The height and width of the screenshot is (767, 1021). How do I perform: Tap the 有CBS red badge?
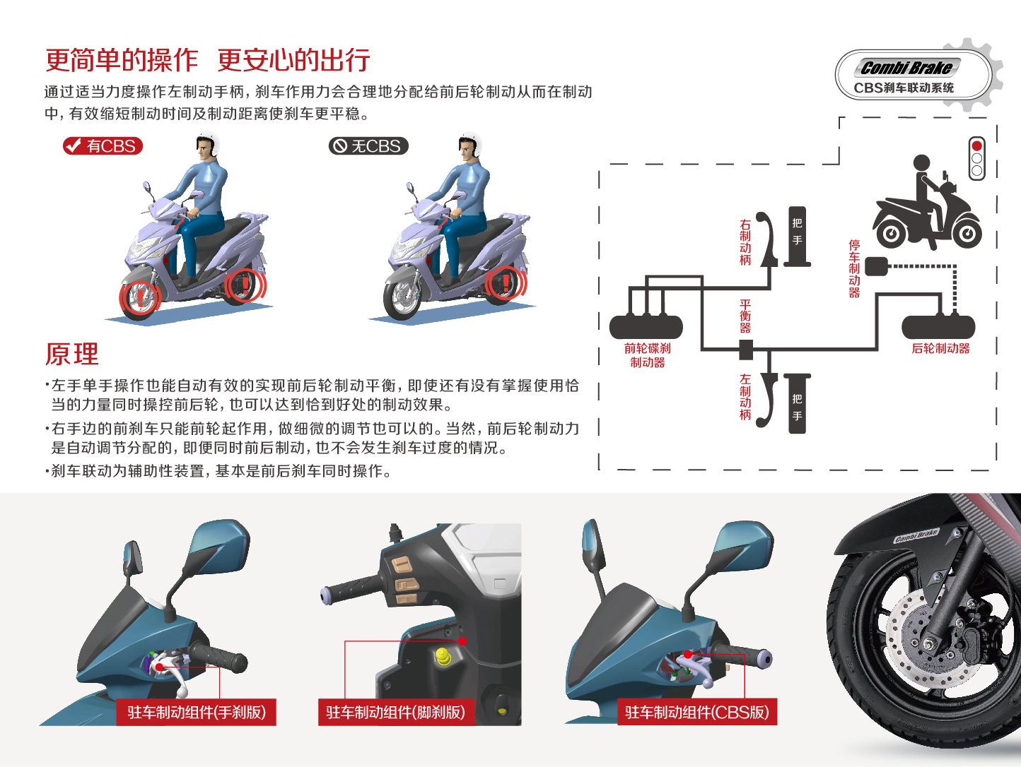(103, 146)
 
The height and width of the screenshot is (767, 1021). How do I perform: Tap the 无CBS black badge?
(368, 146)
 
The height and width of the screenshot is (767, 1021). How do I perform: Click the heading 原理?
(72, 354)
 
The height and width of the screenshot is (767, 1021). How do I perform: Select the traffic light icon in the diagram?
(976, 158)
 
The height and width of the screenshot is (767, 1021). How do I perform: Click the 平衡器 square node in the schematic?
(745, 350)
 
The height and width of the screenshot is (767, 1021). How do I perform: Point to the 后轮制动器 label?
(940, 348)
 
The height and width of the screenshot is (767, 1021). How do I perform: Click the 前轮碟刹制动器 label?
(647, 355)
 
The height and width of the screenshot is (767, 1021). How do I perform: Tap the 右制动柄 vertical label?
(745, 242)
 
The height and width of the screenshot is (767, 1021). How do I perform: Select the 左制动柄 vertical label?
(745, 397)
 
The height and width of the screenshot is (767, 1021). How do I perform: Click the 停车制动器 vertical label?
(854, 268)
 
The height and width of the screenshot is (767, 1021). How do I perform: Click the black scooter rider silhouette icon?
(926, 205)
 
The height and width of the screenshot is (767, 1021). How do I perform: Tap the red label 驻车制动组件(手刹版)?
(197, 712)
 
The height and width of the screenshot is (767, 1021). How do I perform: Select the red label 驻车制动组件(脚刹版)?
(396, 712)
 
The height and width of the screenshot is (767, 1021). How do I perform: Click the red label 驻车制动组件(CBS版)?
(696, 712)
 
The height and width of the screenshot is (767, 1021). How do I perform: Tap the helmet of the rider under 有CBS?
(209, 144)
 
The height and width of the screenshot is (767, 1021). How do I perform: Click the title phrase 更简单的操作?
(122, 61)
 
